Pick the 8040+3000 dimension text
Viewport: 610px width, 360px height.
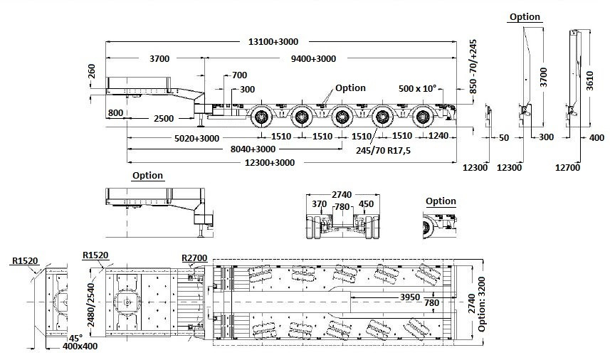[246, 149]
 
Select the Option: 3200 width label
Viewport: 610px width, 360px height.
[484, 302]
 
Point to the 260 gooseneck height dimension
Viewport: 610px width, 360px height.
[91, 72]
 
